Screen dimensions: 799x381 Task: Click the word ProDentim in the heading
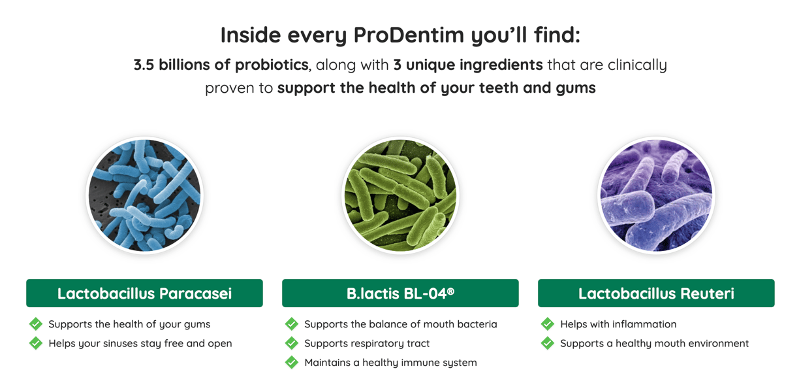click(x=409, y=35)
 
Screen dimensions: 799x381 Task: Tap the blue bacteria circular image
click(x=144, y=195)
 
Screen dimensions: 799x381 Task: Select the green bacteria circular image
click(x=400, y=195)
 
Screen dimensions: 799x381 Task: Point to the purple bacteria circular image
click(x=656, y=195)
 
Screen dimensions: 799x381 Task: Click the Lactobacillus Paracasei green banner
click(x=144, y=293)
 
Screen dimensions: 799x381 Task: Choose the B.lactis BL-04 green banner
click(x=400, y=293)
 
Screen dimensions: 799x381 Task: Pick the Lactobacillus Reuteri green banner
click(x=656, y=293)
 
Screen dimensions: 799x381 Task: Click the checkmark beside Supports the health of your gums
click(x=36, y=324)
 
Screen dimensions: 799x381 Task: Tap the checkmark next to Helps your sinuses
click(x=36, y=343)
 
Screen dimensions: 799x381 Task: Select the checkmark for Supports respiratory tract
click(x=291, y=343)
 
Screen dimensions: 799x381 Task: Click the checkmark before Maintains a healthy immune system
click(x=291, y=363)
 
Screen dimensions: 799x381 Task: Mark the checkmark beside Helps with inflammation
click(x=548, y=324)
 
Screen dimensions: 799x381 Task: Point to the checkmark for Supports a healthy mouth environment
click(x=548, y=343)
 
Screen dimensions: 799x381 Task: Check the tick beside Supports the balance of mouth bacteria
click(x=291, y=324)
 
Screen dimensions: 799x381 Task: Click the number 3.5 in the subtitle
click(x=144, y=65)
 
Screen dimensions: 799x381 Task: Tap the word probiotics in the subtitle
click(x=272, y=65)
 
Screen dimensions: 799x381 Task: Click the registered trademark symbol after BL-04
click(x=451, y=291)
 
